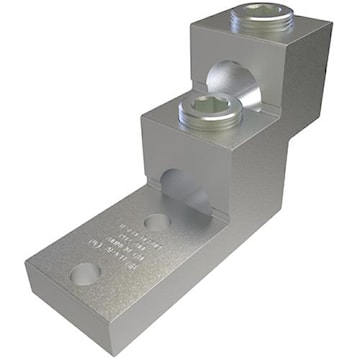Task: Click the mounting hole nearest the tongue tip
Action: pyautogui.click(x=80, y=273)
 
